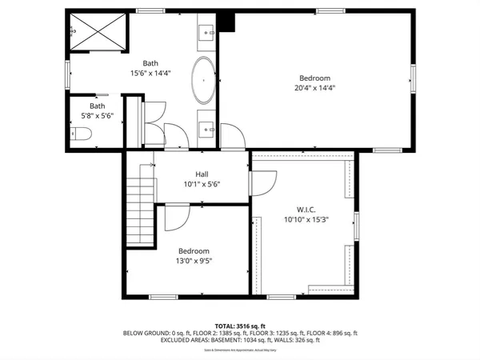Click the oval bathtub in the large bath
(x=203, y=82)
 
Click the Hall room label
(x=202, y=174)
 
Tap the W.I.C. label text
(x=302, y=208)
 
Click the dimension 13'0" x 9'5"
(x=194, y=260)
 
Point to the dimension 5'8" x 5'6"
(x=98, y=115)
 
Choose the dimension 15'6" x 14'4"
(x=150, y=73)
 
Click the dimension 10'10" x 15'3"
(x=302, y=218)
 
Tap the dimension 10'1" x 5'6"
(x=202, y=184)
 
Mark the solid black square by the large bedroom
(x=228, y=22)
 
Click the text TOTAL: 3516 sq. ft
(x=240, y=326)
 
